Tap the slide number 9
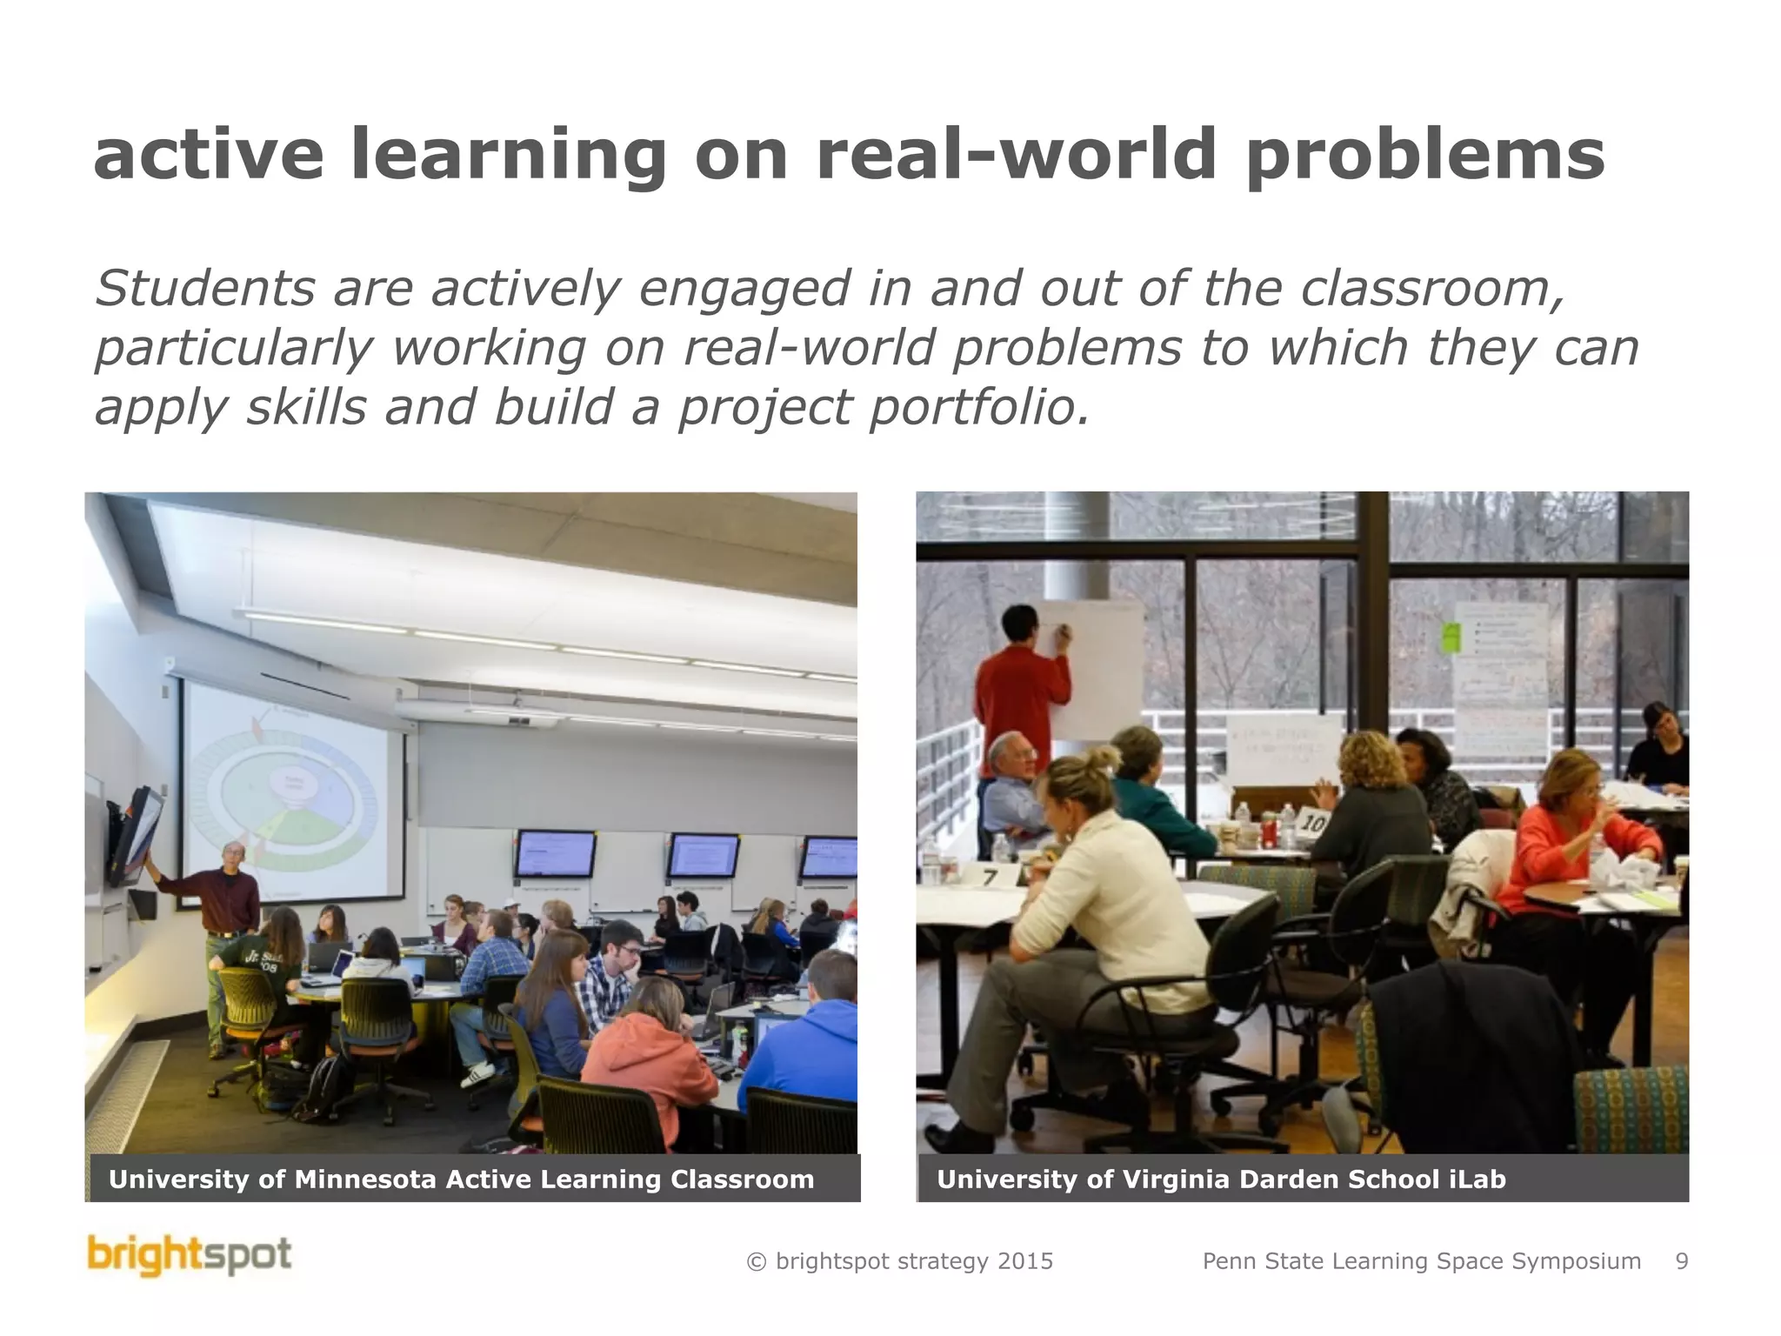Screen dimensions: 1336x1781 click(x=1681, y=1261)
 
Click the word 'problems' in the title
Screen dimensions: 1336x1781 click(x=1425, y=156)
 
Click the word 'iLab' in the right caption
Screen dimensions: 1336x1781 click(x=1477, y=1179)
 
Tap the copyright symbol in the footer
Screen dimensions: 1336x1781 click(x=756, y=1262)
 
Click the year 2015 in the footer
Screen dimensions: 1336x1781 click(x=1024, y=1261)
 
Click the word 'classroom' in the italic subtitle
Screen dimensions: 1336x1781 click(x=1431, y=289)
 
